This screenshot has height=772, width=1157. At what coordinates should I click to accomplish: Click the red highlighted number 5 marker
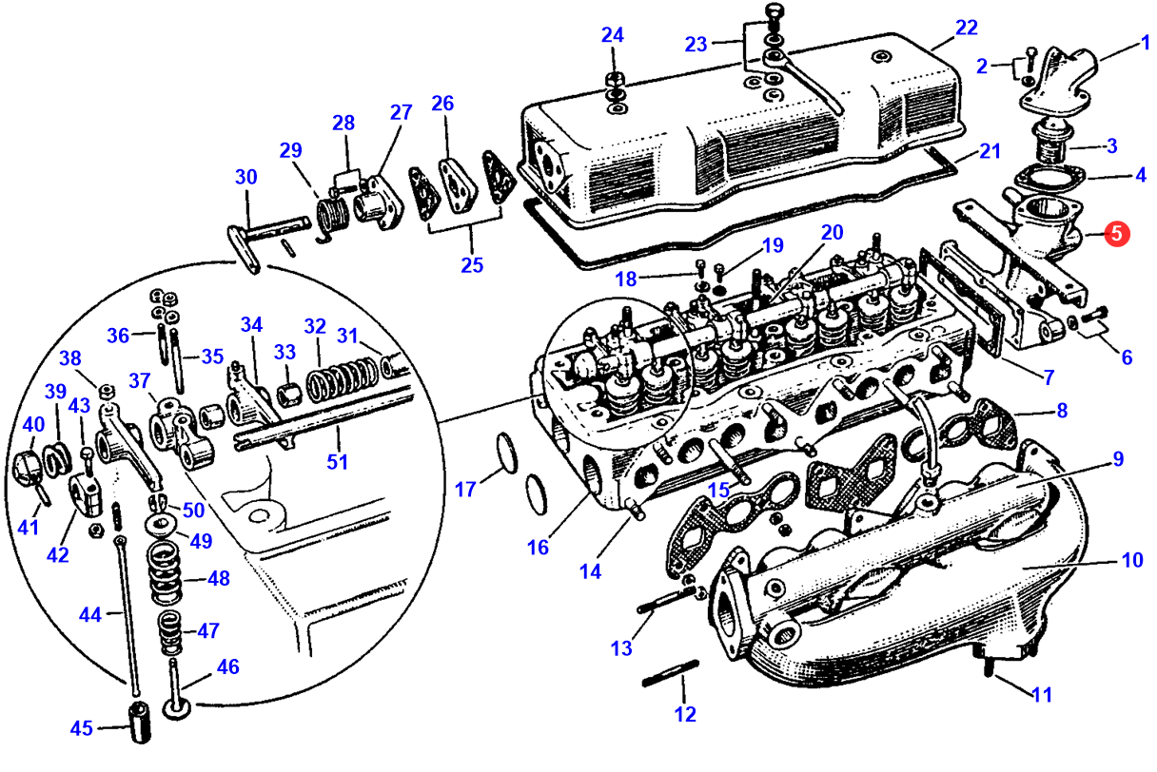tap(1117, 234)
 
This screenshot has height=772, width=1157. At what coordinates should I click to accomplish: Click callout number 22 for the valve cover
tap(967, 28)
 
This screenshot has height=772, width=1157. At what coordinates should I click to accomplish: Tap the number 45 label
tap(82, 728)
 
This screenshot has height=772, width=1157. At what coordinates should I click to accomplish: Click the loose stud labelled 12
tap(671, 673)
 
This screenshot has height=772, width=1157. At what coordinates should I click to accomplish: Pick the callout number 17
tap(465, 489)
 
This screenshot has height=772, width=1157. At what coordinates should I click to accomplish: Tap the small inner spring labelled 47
tap(170, 632)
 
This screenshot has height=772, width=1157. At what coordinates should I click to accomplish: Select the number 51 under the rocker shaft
tap(337, 461)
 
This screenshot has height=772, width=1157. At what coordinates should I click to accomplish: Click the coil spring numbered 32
tap(342, 382)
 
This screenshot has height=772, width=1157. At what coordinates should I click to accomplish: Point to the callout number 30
tap(245, 177)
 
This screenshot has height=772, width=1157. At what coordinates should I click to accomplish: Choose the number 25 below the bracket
tap(472, 264)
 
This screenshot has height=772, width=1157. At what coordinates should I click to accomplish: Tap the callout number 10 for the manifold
tap(1132, 560)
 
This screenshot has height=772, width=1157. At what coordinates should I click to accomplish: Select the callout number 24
tap(613, 35)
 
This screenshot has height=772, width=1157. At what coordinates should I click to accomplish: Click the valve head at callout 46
tap(177, 708)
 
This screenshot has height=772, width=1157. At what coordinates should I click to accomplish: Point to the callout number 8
tap(1062, 411)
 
